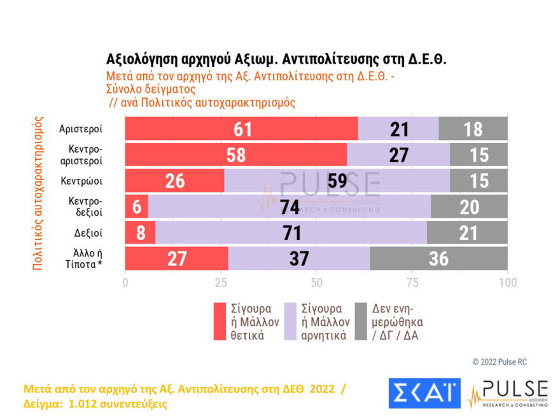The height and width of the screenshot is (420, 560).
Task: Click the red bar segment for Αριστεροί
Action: coord(241,129)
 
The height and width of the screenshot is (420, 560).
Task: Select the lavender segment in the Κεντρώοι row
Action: coord(337,181)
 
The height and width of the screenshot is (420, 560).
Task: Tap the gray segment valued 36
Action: coord(438,258)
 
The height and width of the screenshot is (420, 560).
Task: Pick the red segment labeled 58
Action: coord(235,155)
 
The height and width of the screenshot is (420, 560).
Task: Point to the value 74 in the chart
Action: coord(290,207)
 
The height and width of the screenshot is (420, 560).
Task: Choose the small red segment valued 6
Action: coord(136,207)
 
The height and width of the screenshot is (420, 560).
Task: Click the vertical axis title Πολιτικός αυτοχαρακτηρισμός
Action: coord(38,193)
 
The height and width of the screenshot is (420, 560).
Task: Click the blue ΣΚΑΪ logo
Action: coord(423,394)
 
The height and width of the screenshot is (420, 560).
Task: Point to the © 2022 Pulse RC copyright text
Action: coord(499,361)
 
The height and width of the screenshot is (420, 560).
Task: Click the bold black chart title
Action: coord(277,60)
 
